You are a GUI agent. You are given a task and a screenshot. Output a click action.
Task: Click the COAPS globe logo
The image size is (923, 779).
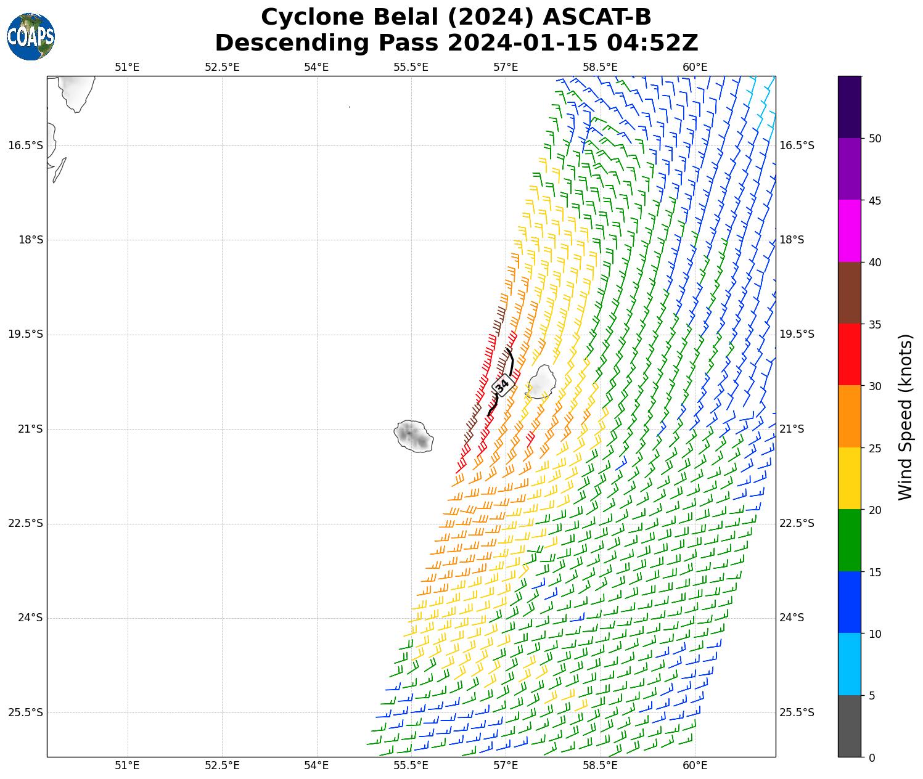click(31, 36)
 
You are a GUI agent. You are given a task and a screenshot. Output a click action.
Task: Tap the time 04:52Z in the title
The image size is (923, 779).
click(652, 43)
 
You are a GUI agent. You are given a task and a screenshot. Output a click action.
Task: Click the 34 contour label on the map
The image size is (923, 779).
click(503, 385)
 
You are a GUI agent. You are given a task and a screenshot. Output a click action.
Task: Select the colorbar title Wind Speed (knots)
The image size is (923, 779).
click(905, 417)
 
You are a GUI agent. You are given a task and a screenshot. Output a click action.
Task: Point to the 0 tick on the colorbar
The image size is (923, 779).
click(871, 757)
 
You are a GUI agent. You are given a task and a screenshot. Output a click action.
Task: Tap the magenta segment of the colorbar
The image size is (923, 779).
click(850, 230)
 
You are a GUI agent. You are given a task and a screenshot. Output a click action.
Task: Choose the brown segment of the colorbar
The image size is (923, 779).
click(850, 293)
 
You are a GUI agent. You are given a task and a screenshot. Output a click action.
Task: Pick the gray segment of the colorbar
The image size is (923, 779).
click(850, 726)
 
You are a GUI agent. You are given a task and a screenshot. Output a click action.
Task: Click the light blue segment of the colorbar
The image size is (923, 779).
click(850, 664)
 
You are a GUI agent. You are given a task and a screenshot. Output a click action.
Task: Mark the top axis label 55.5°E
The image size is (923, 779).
click(411, 67)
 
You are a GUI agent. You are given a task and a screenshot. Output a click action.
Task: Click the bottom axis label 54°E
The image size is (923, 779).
click(316, 765)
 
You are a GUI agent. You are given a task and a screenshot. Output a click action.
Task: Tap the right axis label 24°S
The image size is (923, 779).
click(792, 618)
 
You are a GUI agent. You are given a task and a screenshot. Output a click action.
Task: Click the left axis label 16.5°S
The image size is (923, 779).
click(26, 145)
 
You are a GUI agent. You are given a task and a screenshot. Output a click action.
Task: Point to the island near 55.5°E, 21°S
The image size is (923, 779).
click(414, 436)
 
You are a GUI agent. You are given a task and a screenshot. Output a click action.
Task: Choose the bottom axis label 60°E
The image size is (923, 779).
click(695, 765)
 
